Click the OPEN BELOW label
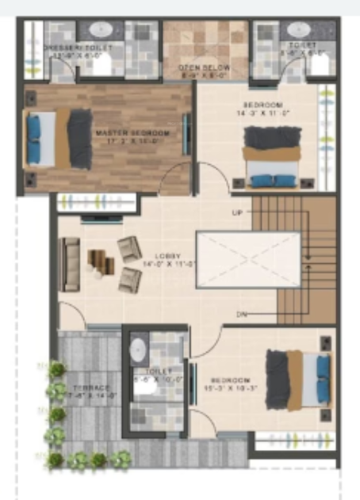pyautogui.click(x=204, y=67)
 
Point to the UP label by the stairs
pyautogui.click(x=236, y=213)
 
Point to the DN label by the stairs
pyautogui.click(x=240, y=315)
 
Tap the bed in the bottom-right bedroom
pyautogui.click(x=298, y=379)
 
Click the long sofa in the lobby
pyautogui.click(x=71, y=264)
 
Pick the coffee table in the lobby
pyautogui.click(x=99, y=261)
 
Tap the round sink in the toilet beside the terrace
pyautogui.click(x=139, y=349)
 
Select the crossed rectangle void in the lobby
pyautogui.click(x=248, y=260)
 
